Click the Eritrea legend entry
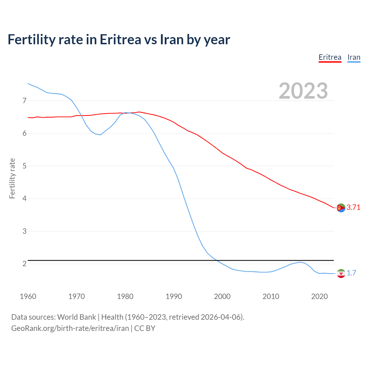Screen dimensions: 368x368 tap(330, 57)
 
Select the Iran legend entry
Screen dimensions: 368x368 tap(354, 57)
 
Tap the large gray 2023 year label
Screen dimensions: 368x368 tap(303, 91)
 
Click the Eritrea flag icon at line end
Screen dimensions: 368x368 tap(341, 208)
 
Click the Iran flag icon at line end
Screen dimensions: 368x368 tap(341, 273)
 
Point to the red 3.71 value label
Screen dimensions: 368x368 tap(353, 208)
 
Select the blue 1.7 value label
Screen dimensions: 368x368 tap(351, 273)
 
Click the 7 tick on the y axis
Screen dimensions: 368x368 tap(24, 101)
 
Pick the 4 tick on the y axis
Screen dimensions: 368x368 tap(24, 199)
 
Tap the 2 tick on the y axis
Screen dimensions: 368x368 tap(24, 264)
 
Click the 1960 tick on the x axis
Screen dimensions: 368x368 tap(28, 296)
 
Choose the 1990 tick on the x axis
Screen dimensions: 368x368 tap(174, 296)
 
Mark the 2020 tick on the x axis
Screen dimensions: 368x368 tap(319, 296)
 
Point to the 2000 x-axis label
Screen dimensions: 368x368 tap(222, 296)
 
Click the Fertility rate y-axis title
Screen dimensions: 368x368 tap(12, 178)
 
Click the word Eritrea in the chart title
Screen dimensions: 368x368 tap(120, 40)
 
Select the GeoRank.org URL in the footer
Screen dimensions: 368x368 tap(70, 328)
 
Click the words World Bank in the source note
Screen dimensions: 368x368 tap(76, 317)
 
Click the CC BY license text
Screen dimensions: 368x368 tap(145, 328)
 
